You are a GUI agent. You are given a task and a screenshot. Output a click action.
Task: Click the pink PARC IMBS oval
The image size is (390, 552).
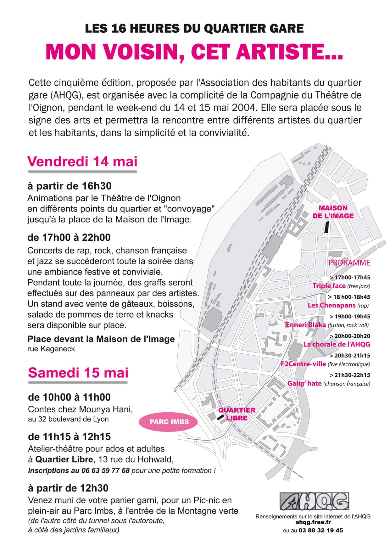tap(169, 422)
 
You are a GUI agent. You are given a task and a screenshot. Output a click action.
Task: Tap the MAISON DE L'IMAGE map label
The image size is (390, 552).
tap(333, 212)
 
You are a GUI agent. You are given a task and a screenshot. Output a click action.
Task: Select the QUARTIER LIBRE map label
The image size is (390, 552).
tap(237, 414)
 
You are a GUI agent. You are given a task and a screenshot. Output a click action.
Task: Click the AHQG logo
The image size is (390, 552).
tap(314, 501)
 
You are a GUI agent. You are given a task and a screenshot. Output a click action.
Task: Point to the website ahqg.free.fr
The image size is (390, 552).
tap(313, 522)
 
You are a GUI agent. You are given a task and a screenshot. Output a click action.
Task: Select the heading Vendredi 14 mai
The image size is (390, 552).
tap(82, 161)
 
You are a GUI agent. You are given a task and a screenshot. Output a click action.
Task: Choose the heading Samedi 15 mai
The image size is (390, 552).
tap(78, 373)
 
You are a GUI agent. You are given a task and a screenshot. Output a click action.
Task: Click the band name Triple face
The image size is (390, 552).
tap(329, 286)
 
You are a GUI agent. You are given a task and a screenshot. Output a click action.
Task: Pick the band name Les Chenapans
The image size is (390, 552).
tap(331, 305)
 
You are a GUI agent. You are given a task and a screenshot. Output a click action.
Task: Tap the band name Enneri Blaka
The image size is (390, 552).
tap(306, 325)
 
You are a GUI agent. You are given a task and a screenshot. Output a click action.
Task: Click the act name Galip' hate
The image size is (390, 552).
tap(304, 383)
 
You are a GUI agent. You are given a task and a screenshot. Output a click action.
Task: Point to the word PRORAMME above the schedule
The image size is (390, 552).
tap(349, 263)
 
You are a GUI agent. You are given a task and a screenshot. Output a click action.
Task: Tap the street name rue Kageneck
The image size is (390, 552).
tap(51, 349)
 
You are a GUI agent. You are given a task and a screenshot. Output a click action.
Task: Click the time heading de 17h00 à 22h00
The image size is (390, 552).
tap(69, 237)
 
